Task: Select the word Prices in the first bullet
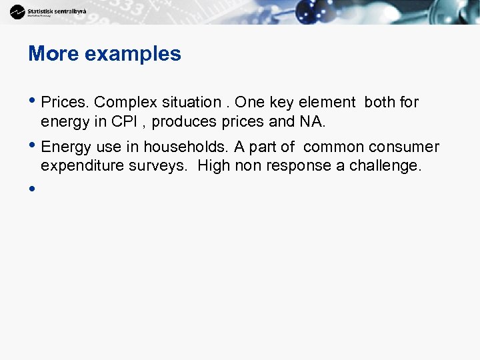coord(65,102)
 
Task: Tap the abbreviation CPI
coord(125,121)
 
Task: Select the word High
coord(214,165)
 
